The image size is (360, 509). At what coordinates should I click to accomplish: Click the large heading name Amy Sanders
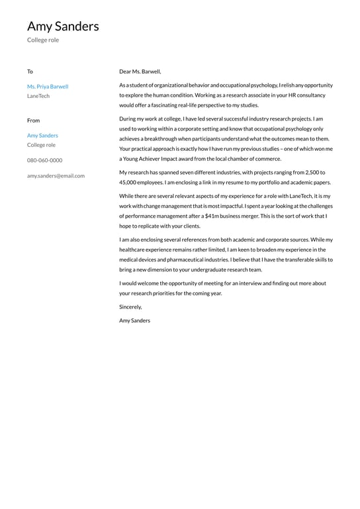[63, 26]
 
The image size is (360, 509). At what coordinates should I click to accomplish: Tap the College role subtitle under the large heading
[43, 40]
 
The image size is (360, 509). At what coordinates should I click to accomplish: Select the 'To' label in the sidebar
[30, 71]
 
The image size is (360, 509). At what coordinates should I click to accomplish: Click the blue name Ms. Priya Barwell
[48, 87]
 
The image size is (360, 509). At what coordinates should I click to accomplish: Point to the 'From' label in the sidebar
[33, 120]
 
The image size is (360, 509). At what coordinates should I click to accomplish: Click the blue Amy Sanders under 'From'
[42, 136]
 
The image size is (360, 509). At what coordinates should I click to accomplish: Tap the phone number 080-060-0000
[45, 160]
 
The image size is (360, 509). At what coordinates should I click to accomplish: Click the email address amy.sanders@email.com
[56, 176]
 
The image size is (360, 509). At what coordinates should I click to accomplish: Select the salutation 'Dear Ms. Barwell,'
[140, 71]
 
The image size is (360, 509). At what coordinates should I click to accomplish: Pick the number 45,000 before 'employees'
[128, 182]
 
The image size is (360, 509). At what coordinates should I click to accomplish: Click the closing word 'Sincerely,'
[130, 307]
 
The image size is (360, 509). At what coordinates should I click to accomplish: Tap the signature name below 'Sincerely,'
[134, 320]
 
